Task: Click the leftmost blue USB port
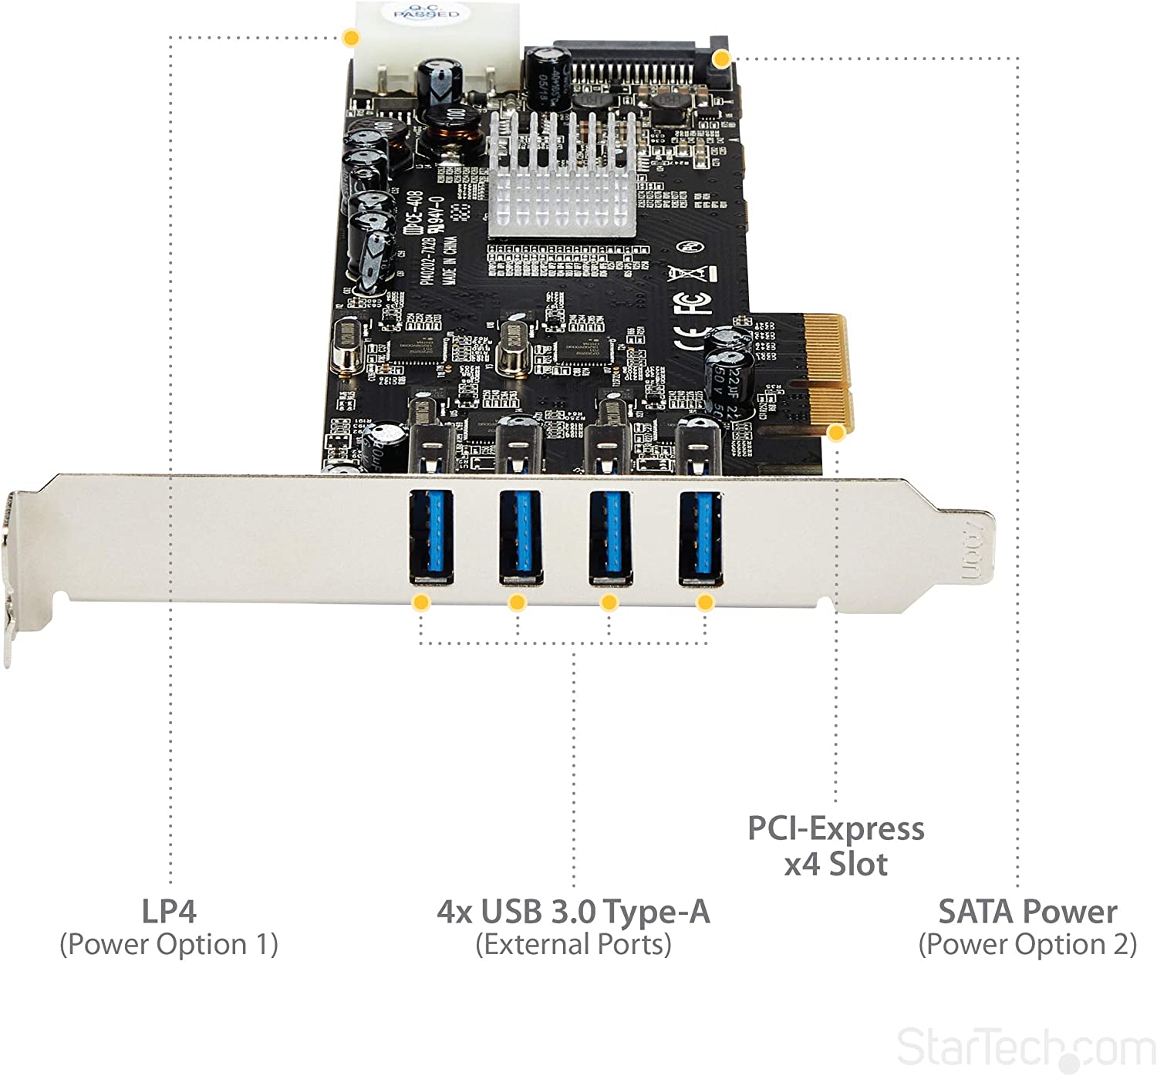pyautogui.click(x=430, y=538)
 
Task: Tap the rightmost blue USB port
pyautogui.click(x=700, y=538)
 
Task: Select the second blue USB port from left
pyautogui.click(x=520, y=538)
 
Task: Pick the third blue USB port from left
pyautogui.click(x=610, y=538)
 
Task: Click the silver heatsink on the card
pyautogui.click(x=562, y=174)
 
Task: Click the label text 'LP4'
pyautogui.click(x=169, y=911)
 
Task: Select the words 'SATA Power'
pyautogui.click(x=1027, y=912)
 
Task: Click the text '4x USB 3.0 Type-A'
pyautogui.click(x=573, y=912)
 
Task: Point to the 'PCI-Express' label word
pyautogui.click(x=835, y=828)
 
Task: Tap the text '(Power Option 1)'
pyautogui.click(x=169, y=945)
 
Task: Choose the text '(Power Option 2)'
pyautogui.click(x=1027, y=945)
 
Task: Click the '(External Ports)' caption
pyautogui.click(x=573, y=945)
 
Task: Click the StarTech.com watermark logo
pyautogui.click(x=1025, y=1047)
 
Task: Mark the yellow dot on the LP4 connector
pyautogui.click(x=351, y=37)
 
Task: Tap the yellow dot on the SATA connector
pyautogui.click(x=721, y=59)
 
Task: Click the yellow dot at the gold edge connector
pyautogui.click(x=836, y=433)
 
